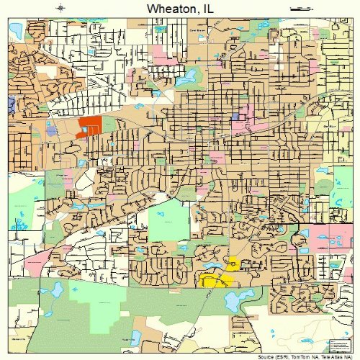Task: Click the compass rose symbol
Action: coord(62,8)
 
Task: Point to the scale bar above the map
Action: coord(299,8)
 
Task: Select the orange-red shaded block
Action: coord(90,125)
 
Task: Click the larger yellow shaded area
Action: coord(214,280)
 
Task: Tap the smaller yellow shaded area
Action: coord(233,264)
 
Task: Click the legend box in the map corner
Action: coord(337,341)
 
